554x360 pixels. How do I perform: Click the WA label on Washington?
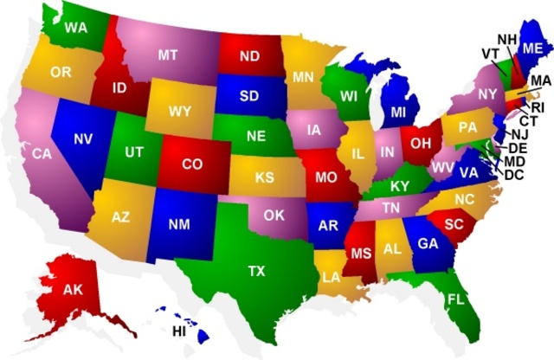click(76, 28)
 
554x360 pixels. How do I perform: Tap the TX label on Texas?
click(256, 272)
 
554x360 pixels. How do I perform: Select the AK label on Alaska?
click(73, 289)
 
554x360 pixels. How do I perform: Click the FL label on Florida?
click(455, 300)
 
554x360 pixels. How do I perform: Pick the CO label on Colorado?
click(192, 163)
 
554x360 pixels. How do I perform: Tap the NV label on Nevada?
click(84, 138)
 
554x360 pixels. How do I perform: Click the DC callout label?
click(513, 175)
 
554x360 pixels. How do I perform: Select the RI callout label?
click(538, 106)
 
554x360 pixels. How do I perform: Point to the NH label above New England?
click(506, 39)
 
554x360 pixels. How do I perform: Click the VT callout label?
click(490, 53)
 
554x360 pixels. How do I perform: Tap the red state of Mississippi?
click(360, 254)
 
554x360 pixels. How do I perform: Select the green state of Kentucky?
click(398, 185)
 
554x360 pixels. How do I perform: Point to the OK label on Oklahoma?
click(274, 215)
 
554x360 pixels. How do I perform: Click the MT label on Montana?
click(168, 55)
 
